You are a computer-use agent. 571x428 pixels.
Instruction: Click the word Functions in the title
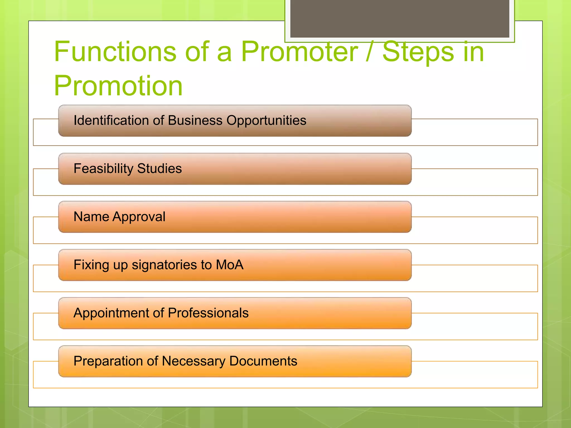coord(115,52)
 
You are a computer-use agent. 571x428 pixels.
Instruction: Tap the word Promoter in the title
coord(299,52)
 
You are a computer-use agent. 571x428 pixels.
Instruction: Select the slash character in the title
coord(370,52)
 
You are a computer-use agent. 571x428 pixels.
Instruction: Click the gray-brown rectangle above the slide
coord(400,18)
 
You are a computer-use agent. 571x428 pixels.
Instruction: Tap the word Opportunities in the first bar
coord(266,121)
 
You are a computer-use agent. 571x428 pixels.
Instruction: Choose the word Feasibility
coord(103,169)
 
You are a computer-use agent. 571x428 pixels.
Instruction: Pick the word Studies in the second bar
coord(159,169)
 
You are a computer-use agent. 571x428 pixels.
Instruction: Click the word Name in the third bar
coord(91,217)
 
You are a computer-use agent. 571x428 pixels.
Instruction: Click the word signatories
coord(165,265)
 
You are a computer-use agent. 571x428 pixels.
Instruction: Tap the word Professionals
coord(208,313)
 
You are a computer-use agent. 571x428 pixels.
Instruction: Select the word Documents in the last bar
coord(263,361)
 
